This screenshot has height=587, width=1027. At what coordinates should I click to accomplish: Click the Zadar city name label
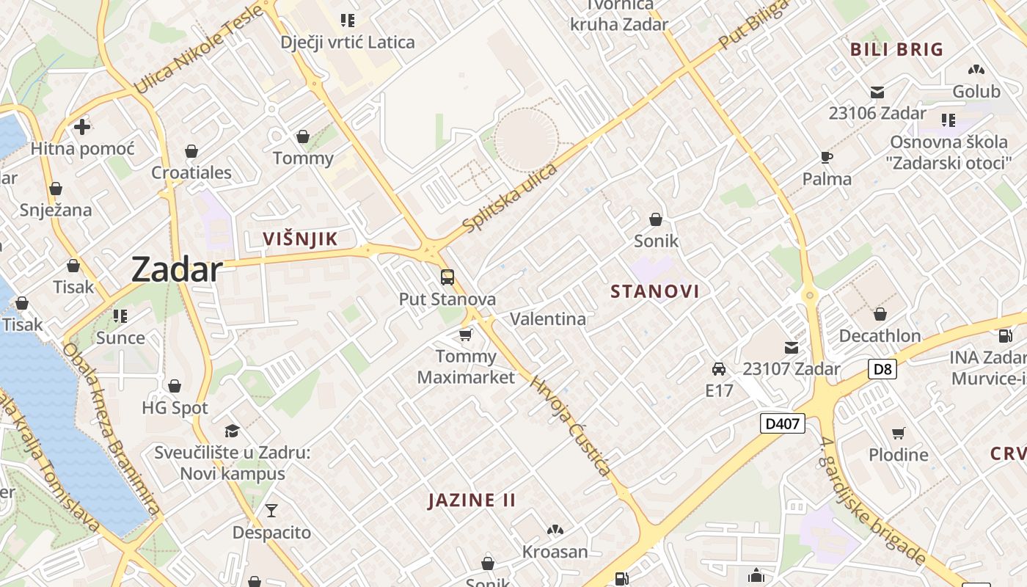click(x=177, y=270)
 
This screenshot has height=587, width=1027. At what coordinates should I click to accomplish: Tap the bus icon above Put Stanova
click(x=447, y=277)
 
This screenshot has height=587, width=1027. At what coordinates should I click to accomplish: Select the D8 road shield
click(x=882, y=369)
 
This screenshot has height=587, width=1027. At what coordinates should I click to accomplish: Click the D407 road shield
click(x=782, y=423)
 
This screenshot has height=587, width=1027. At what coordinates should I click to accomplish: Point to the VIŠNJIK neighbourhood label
click(x=301, y=238)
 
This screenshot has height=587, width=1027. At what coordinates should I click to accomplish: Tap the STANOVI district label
click(x=655, y=291)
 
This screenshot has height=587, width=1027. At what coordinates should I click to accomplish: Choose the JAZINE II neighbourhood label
click(x=472, y=500)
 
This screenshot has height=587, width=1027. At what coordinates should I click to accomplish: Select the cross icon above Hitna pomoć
click(x=82, y=127)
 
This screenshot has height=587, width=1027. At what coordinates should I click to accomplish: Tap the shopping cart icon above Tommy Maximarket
click(x=465, y=335)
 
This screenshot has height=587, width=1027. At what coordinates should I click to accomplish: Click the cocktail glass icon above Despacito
click(x=271, y=511)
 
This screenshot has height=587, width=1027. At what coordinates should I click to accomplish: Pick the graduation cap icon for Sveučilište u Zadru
click(x=232, y=430)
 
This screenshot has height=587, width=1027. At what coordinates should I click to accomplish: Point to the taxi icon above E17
click(x=719, y=368)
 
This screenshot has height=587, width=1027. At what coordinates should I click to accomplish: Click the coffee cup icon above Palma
click(x=827, y=157)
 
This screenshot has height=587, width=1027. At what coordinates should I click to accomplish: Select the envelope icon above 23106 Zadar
click(x=877, y=92)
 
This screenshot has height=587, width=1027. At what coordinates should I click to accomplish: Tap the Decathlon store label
click(x=880, y=336)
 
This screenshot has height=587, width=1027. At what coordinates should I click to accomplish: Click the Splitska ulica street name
click(x=511, y=198)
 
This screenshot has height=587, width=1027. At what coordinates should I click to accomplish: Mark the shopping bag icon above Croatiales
click(x=191, y=151)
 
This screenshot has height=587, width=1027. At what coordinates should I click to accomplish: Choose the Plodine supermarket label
click(x=899, y=455)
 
